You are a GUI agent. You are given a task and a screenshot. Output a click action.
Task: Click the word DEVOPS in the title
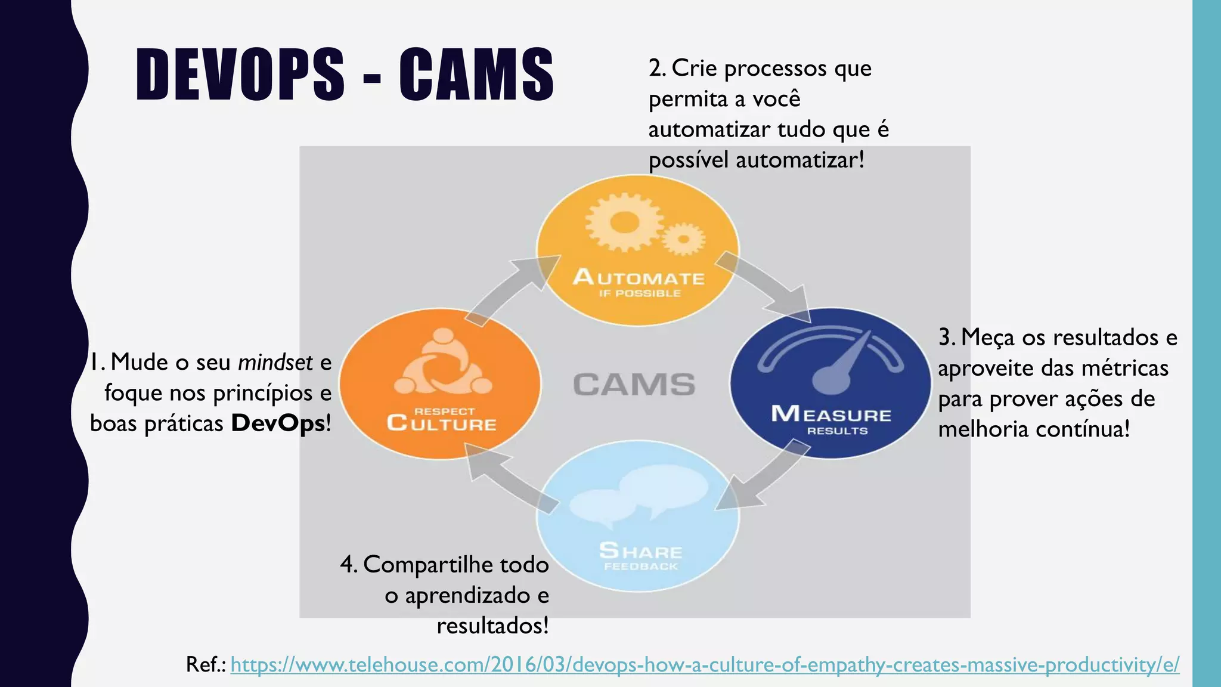[240, 74]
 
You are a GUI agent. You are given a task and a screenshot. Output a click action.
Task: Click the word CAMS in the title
[476, 74]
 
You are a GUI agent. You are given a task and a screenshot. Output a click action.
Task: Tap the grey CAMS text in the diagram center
[634, 385]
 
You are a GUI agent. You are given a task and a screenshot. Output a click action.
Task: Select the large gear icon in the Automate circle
[623, 222]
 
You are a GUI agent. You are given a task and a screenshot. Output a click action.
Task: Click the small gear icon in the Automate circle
[683, 240]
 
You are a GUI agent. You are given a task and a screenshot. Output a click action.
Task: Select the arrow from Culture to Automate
[512, 289]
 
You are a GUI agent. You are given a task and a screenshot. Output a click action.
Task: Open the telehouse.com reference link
[704, 664]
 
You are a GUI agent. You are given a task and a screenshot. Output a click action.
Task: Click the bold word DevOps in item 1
[278, 423]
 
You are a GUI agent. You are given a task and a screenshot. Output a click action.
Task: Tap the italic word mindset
[275, 362]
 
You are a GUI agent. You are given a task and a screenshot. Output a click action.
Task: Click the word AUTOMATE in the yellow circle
[639, 278]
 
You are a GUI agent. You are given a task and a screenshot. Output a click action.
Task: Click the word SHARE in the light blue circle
[640, 550]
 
